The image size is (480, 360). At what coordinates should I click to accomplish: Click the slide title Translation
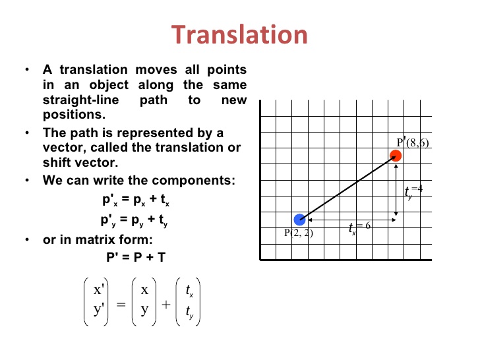(240, 35)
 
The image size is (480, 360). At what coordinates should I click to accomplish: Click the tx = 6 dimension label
(360, 227)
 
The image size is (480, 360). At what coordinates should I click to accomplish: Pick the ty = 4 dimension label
(413, 192)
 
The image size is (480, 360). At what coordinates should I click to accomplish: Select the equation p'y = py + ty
(135, 220)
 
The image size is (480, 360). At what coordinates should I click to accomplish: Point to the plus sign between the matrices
(165, 305)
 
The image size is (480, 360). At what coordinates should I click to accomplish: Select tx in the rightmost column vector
(189, 290)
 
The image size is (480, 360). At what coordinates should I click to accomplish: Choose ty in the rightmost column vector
(189, 315)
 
